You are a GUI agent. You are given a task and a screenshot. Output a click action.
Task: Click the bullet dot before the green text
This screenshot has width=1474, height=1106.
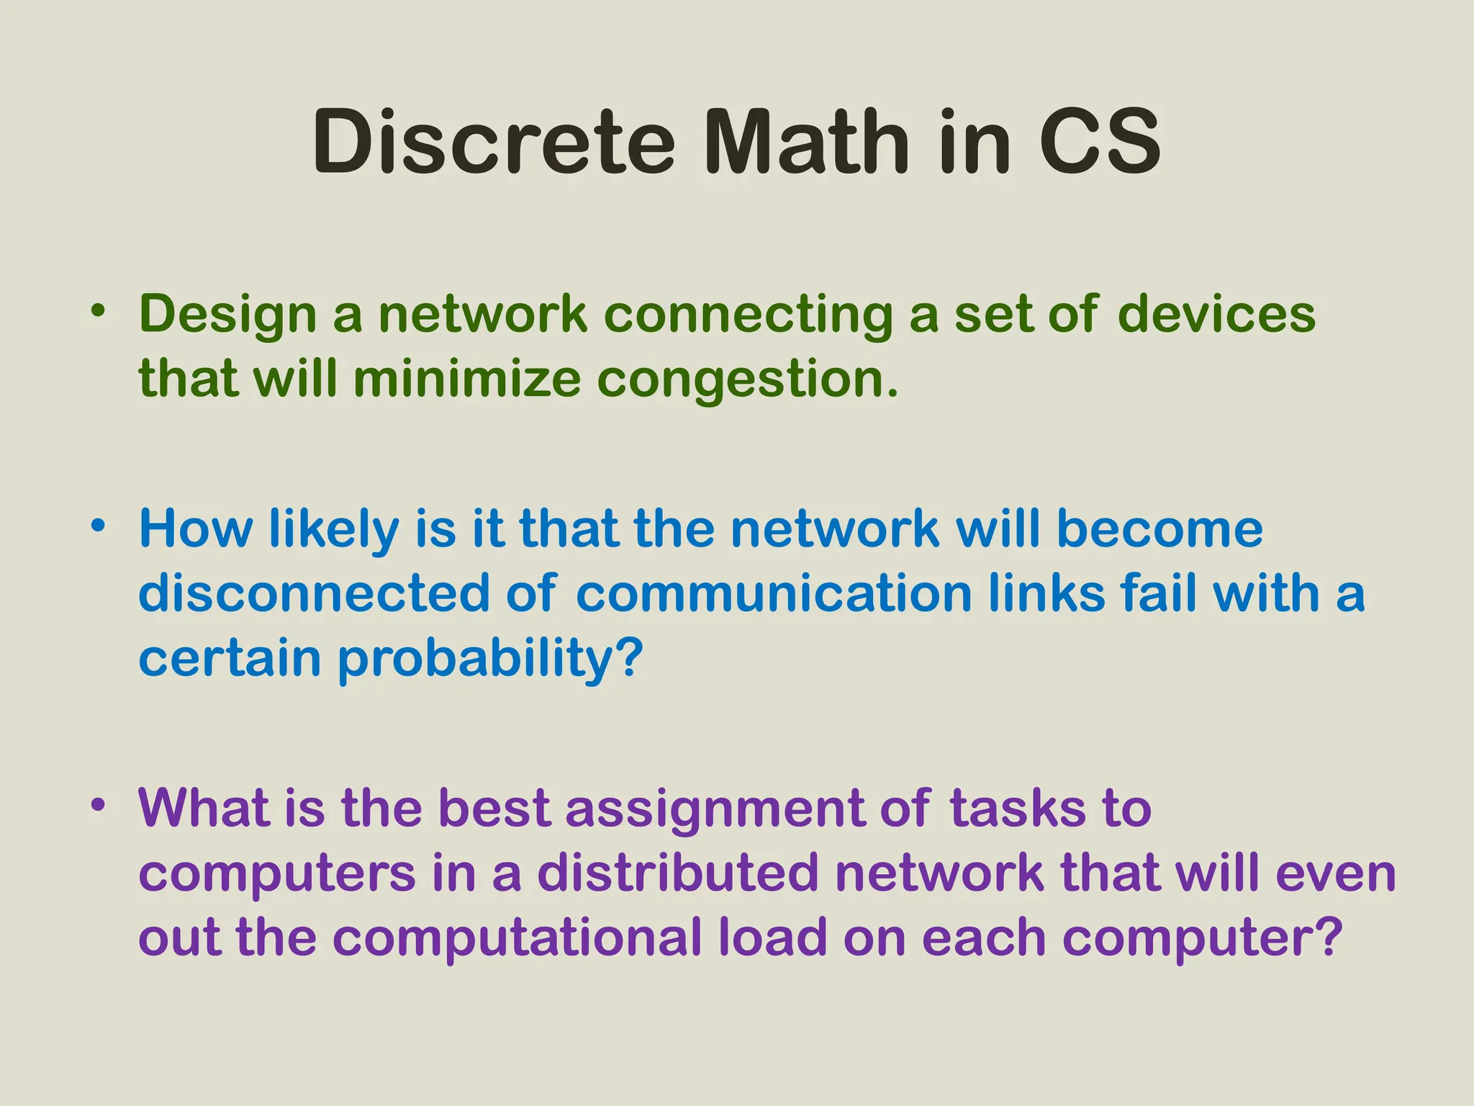tap(99, 311)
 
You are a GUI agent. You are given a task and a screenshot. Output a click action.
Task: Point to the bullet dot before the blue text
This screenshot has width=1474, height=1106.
tap(99, 526)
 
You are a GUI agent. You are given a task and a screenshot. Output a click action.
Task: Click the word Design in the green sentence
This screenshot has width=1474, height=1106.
tap(227, 315)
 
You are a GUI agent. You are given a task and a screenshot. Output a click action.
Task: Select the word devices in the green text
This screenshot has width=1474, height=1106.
tap(1216, 315)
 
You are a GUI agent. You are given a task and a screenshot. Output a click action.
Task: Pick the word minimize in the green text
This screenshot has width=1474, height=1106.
tap(466, 379)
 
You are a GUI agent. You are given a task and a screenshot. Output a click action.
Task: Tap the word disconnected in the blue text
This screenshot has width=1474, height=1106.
tap(314, 594)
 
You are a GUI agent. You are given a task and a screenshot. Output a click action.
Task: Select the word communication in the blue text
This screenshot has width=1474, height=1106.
tap(774, 594)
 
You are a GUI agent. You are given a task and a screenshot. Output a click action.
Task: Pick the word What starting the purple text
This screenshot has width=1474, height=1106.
tap(203, 809)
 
